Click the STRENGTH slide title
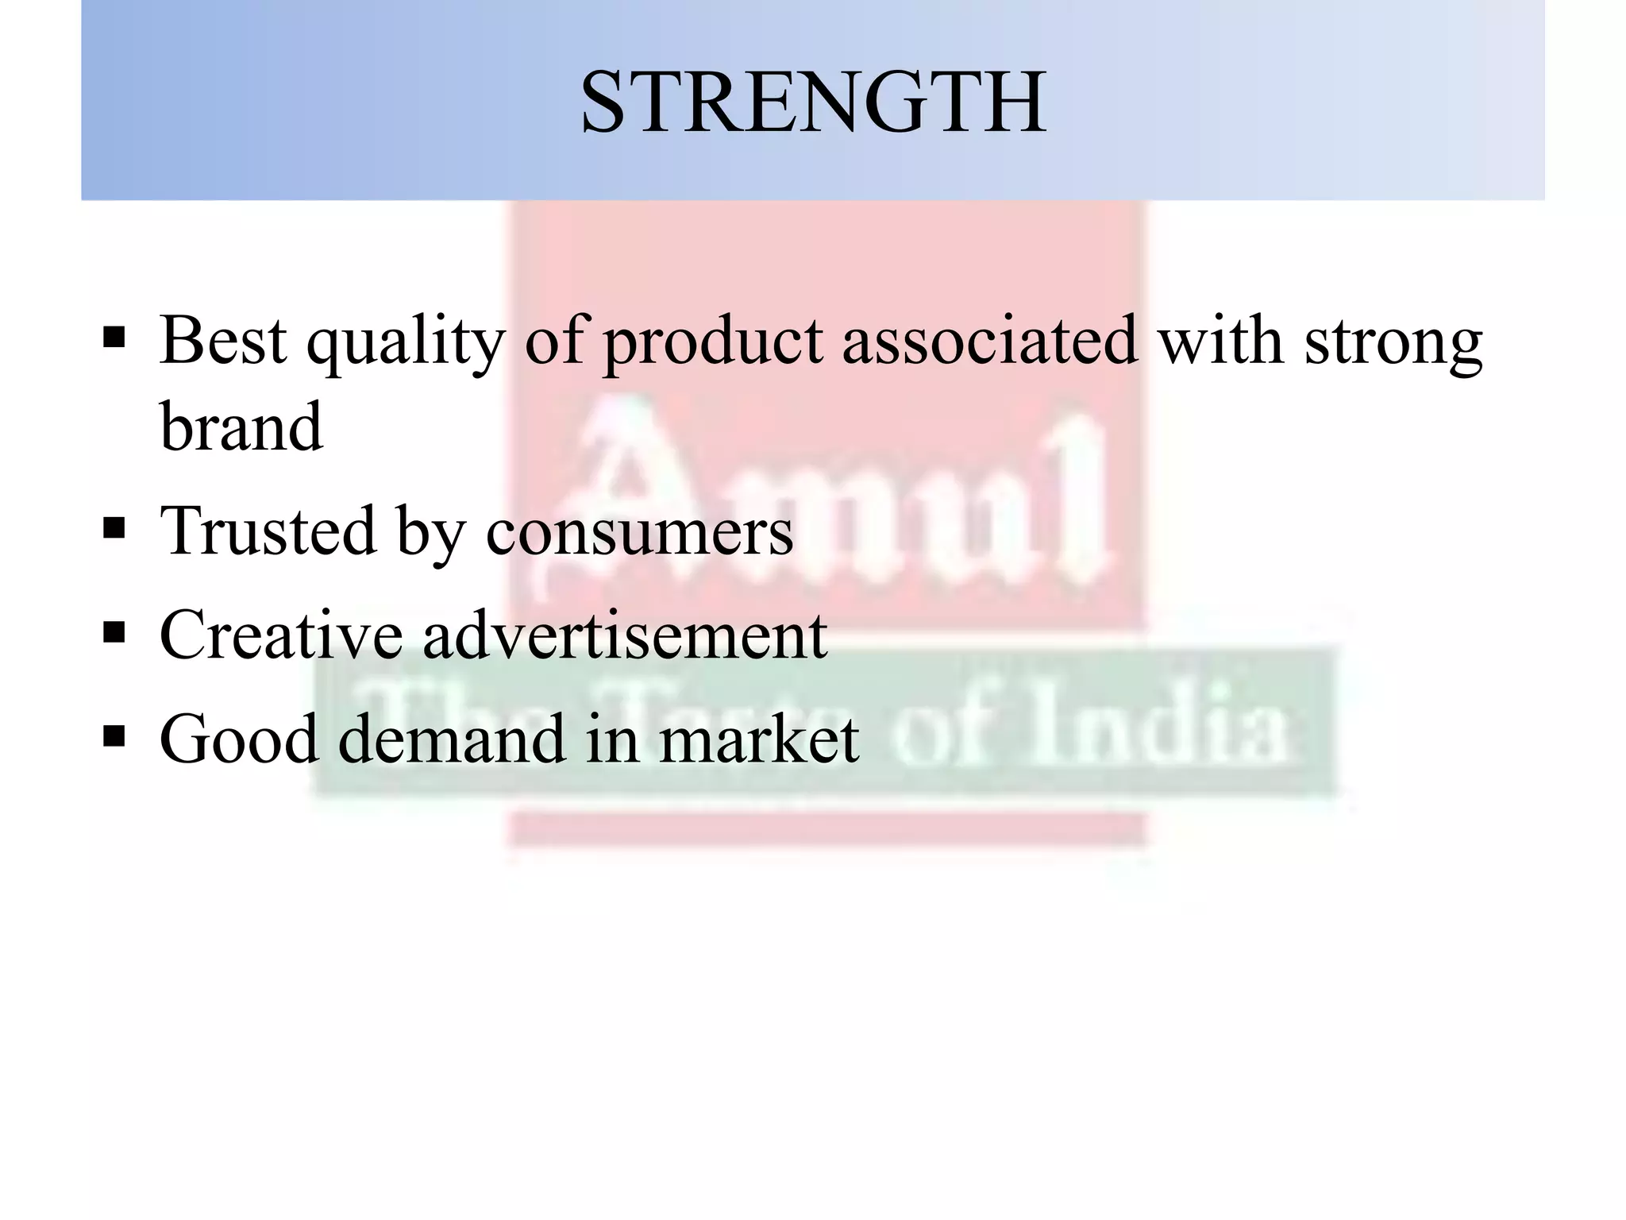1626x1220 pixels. point(813,103)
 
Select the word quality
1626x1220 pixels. point(406,343)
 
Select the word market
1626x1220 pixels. point(758,739)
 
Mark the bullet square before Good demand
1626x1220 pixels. point(114,736)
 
